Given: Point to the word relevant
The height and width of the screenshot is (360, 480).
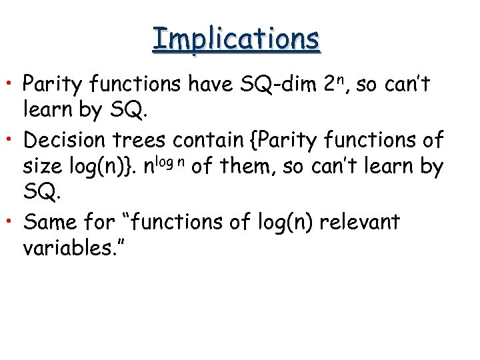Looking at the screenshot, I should [x=359, y=222].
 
